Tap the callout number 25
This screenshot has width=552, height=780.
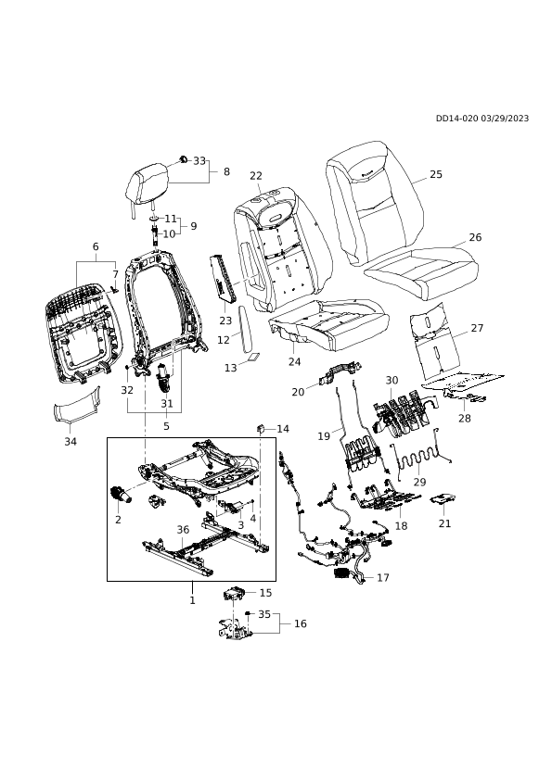(436, 174)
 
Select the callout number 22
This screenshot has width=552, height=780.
(256, 176)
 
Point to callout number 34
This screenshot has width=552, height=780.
(71, 441)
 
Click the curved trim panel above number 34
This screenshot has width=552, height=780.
(77, 407)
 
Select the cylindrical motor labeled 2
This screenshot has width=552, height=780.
(120, 495)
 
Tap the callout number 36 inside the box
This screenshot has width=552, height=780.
(184, 530)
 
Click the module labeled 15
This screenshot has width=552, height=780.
(235, 594)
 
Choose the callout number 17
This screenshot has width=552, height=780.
(383, 577)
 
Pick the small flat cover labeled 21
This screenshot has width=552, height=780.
(443, 499)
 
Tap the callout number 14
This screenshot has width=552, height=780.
(283, 429)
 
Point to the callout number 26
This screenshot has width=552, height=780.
(476, 237)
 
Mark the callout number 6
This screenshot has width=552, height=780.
(96, 246)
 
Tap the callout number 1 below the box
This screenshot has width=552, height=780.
(192, 600)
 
